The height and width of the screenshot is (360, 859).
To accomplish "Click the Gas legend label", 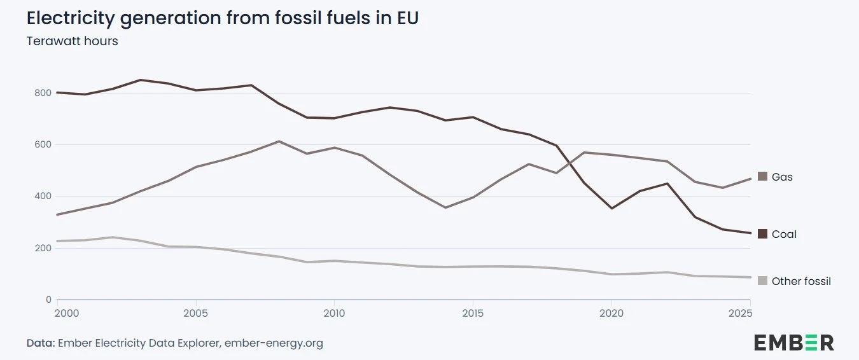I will click(x=782, y=177).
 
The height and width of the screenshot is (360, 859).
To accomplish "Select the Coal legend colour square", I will click(x=763, y=234).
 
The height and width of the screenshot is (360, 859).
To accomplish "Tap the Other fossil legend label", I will click(x=801, y=281).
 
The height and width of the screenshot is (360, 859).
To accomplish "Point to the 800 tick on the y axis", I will click(x=43, y=93).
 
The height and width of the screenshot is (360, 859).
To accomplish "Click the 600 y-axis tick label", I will click(x=43, y=144).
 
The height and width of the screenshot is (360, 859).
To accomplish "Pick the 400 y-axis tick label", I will click(x=43, y=196).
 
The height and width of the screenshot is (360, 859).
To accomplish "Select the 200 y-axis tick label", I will click(x=43, y=248).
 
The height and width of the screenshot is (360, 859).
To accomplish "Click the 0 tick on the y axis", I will click(x=48, y=300).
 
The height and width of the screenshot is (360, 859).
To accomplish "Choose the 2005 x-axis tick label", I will click(x=195, y=314).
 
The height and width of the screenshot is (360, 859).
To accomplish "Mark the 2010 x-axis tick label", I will click(x=334, y=314).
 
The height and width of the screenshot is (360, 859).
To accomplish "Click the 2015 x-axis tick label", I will click(x=473, y=314).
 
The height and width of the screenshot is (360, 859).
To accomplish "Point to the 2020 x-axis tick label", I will click(x=611, y=314).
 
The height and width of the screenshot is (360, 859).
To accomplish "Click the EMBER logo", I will click(x=793, y=342).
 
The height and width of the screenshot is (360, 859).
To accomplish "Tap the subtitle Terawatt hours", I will click(x=72, y=41).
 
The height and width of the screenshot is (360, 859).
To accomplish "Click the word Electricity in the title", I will click(x=71, y=18).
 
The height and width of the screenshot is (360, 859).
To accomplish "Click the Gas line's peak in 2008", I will click(x=279, y=141).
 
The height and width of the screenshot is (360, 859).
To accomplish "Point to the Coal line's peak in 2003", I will click(x=141, y=80).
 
